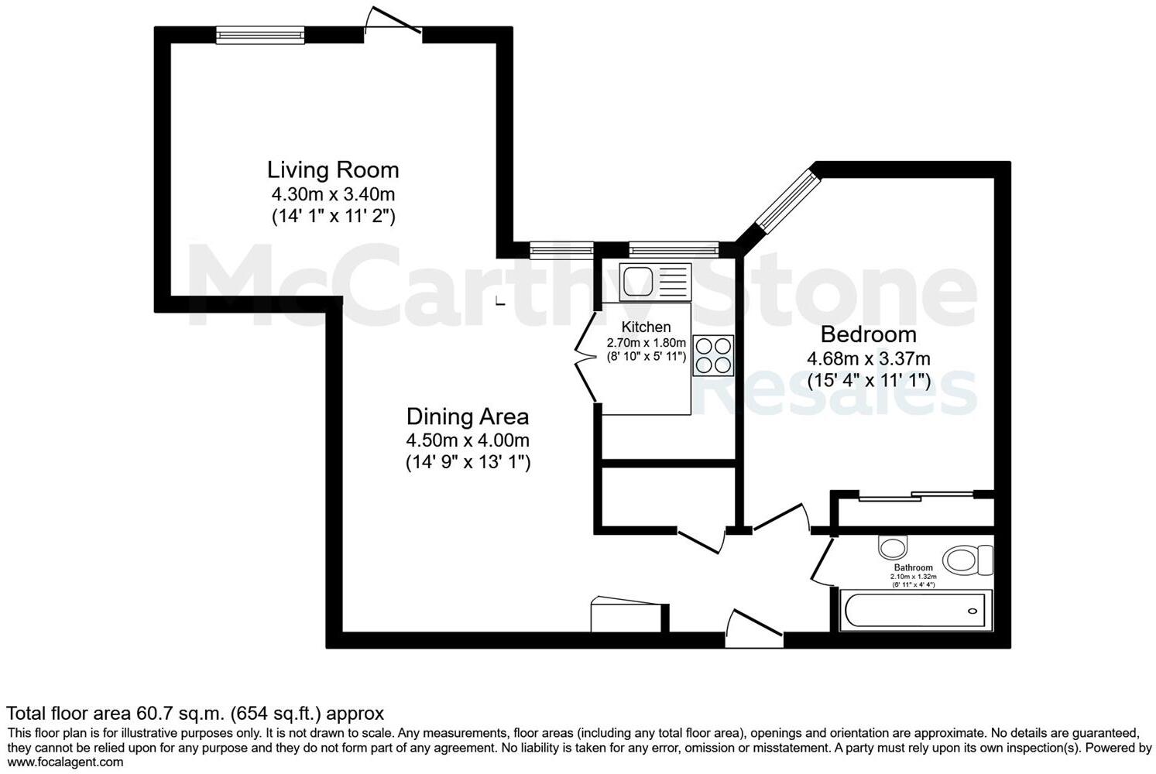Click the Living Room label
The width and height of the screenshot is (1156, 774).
pos(333,170)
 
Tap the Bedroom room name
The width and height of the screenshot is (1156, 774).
pos(868,334)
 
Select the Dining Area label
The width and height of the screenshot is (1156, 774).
pos(468,416)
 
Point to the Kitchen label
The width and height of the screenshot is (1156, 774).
pos(646,327)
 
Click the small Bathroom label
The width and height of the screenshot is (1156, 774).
pos(913,567)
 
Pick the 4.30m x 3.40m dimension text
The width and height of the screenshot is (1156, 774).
pos(333,194)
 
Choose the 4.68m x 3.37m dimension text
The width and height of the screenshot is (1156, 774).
pos(868,358)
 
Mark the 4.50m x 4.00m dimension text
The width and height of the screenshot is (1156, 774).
pos(468,440)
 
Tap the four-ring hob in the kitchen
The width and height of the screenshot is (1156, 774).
pos(713,355)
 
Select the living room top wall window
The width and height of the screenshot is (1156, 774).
pos(260,35)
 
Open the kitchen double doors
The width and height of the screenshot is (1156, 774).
pos(585,357)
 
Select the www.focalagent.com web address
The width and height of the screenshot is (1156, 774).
pos(65,762)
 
